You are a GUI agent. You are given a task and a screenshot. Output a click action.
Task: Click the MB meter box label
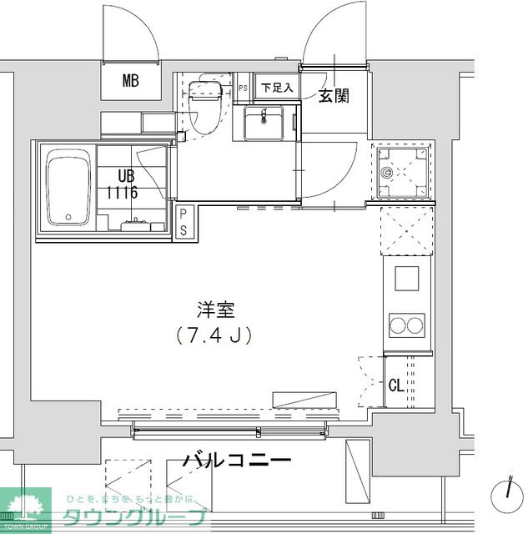click(129, 81)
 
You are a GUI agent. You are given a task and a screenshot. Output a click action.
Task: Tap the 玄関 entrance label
click(333, 96)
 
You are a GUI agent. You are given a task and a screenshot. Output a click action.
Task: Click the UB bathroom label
click(125, 175)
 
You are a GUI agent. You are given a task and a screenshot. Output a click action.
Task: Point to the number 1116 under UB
click(122, 191)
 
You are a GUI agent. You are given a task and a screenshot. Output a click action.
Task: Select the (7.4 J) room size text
click(215, 335)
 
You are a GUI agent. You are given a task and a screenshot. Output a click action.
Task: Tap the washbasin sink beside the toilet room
click(265, 125)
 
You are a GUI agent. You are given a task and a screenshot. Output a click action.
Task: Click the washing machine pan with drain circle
click(403, 173)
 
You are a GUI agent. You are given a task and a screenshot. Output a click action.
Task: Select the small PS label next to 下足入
click(243, 88)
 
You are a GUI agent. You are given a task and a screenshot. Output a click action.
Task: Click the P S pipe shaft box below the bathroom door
click(184, 222)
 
